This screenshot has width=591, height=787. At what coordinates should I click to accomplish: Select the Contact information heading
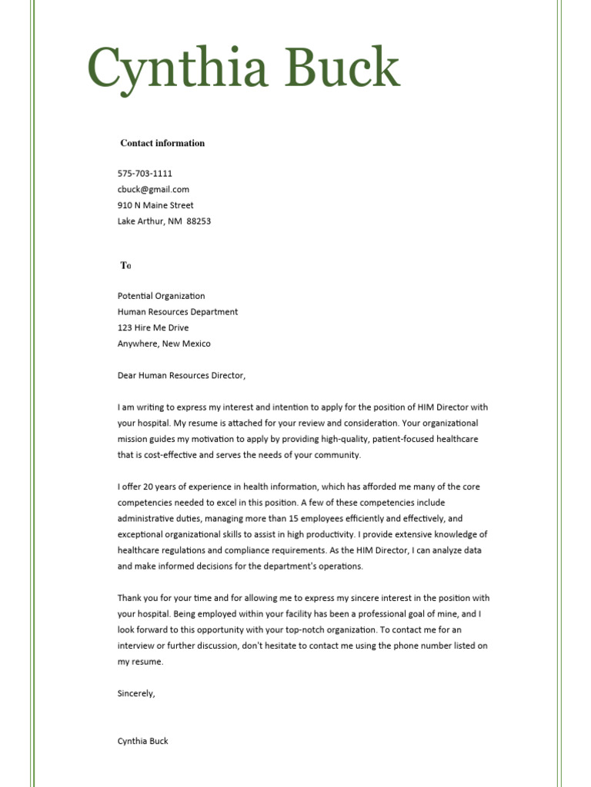[162, 143]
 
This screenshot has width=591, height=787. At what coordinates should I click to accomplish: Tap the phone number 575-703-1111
[145, 174]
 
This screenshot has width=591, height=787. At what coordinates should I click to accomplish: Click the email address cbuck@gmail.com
[153, 189]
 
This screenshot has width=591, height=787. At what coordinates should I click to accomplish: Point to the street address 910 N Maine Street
[155, 205]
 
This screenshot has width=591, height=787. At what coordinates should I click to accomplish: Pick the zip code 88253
[199, 221]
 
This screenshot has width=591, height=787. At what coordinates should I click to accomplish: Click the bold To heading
[125, 266]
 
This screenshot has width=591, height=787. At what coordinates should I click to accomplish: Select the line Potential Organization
[161, 296]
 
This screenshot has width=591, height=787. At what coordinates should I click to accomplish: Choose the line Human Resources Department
[178, 312]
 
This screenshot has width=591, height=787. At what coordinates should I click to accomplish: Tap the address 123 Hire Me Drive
[152, 328]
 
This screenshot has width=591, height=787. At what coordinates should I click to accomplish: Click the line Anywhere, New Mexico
[164, 344]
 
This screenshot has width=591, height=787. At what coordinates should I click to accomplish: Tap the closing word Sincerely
[136, 693]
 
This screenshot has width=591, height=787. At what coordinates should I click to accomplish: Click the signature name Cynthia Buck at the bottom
[142, 741]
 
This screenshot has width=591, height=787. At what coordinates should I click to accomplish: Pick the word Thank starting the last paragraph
[129, 598]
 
